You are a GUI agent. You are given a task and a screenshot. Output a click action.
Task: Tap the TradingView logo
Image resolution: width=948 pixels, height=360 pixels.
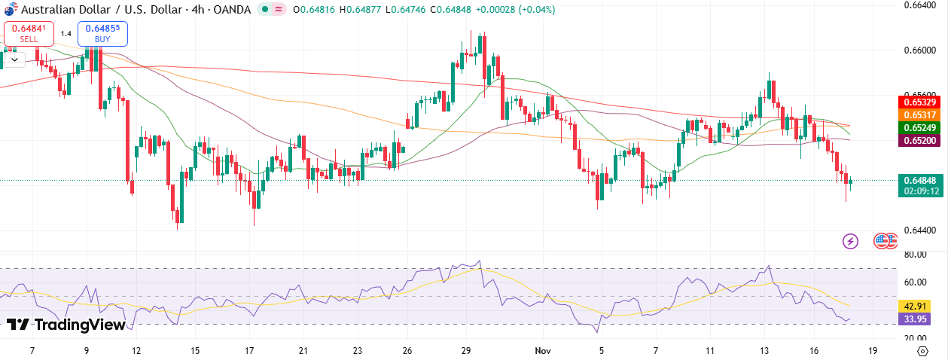coord(66,325)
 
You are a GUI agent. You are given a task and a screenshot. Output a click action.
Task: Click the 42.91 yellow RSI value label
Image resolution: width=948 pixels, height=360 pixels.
coord(914,307)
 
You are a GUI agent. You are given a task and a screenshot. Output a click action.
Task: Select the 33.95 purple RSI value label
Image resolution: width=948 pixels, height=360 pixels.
coord(914,319)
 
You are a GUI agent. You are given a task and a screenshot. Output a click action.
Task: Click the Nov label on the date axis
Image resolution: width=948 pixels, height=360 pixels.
coord(543,351)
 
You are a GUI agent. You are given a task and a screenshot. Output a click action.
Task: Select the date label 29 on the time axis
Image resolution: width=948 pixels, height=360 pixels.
coord(466,351)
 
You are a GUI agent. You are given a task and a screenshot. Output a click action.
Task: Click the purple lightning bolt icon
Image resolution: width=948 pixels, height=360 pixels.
coord(850,241)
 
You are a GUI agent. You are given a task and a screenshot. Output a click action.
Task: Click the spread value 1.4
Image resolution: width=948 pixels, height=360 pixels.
coord(66,33)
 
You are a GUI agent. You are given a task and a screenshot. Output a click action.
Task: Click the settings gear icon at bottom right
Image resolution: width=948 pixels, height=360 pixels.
coord(922,351)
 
